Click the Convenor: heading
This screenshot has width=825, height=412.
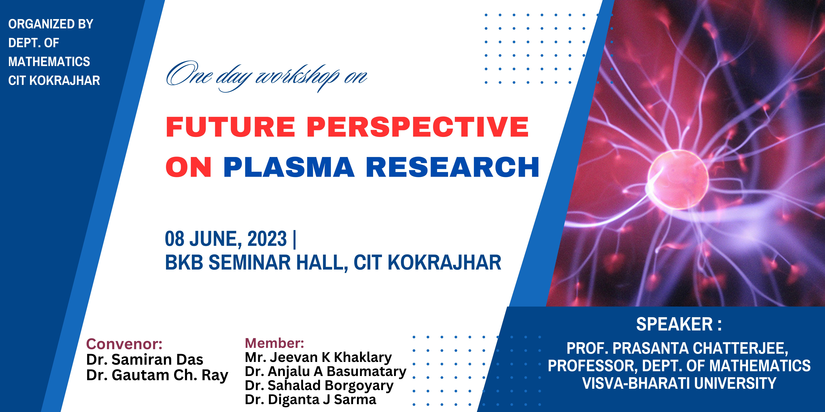[x=124, y=344]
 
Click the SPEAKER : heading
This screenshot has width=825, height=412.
[x=679, y=324]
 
